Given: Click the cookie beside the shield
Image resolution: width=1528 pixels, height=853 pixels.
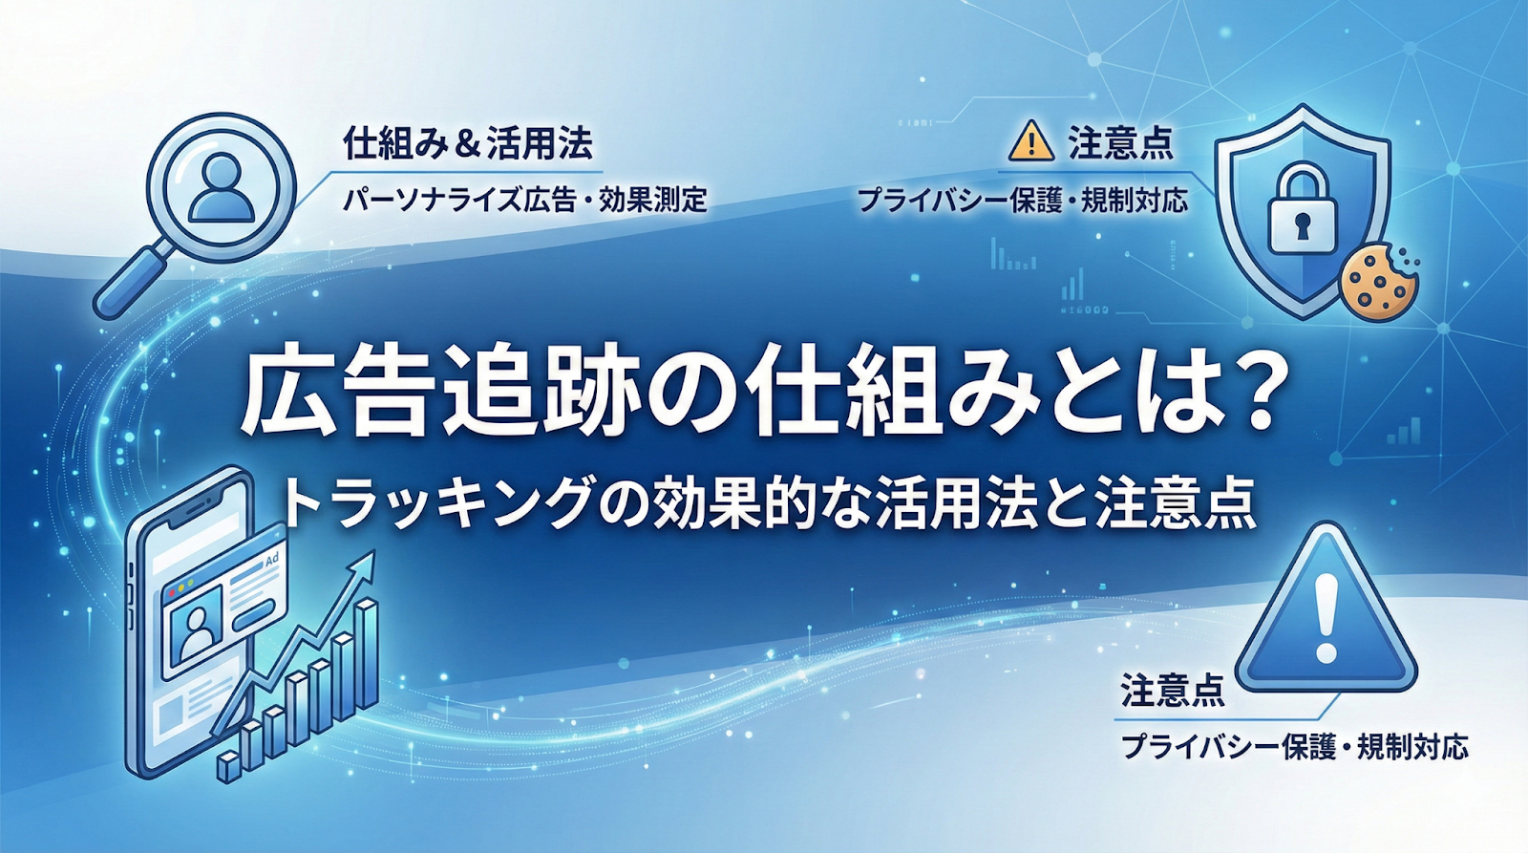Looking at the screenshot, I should (x=1379, y=281).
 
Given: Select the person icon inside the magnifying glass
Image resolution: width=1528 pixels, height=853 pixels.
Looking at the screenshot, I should (x=222, y=188).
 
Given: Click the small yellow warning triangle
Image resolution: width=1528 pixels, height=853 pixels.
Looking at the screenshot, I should (x=1030, y=143).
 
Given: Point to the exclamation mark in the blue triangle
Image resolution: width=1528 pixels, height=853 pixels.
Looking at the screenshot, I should (x=1326, y=617).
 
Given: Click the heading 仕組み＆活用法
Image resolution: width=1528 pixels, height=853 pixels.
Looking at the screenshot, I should (x=468, y=144).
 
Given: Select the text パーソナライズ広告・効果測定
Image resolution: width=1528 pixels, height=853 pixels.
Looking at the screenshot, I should (x=524, y=200).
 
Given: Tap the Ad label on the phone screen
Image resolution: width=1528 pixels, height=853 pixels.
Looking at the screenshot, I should (x=271, y=561).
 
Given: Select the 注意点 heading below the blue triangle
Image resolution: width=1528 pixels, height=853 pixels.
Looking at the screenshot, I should (x=1172, y=691).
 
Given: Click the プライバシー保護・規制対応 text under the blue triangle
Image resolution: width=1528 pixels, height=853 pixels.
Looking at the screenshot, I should (x=1294, y=746).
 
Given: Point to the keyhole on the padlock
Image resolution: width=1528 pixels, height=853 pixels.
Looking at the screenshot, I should (x=1301, y=226).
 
